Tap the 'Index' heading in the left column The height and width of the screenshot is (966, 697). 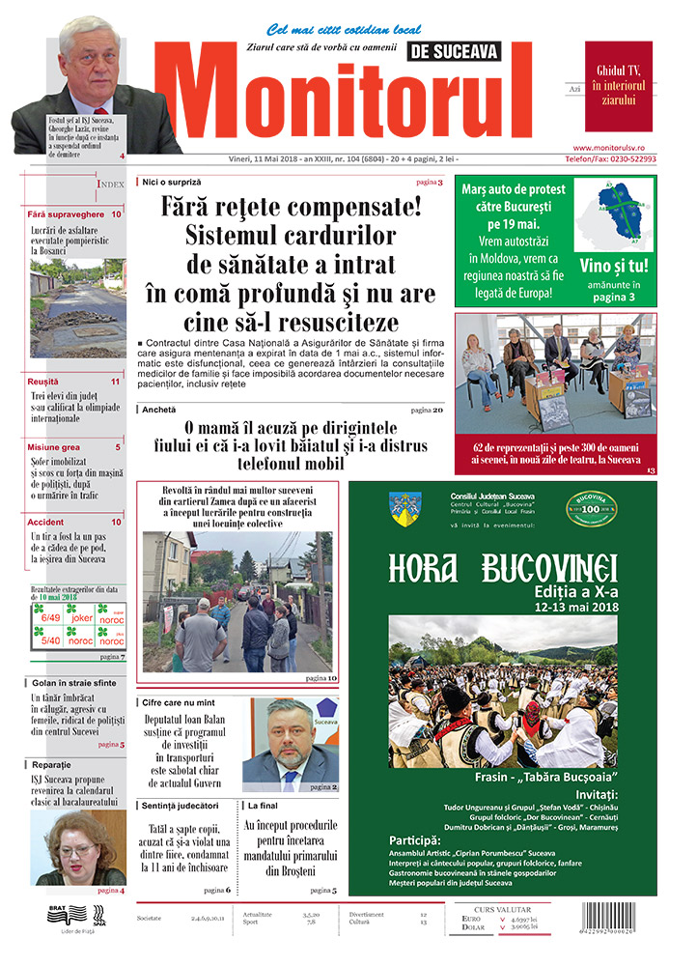click(x=110, y=184)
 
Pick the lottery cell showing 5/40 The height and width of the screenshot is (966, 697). click(x=50, y=639)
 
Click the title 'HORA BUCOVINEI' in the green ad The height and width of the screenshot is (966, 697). click(x=503, y=569)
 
